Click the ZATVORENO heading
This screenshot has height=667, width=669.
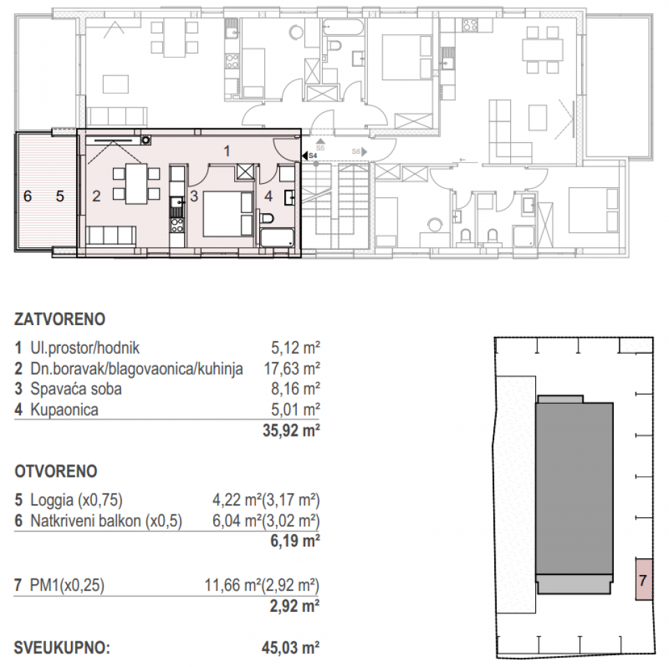coord(59,320)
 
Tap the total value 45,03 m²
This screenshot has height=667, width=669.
coord(289,649)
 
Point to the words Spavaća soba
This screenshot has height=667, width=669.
coord(76,389)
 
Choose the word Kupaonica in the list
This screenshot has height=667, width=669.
coord(64,409)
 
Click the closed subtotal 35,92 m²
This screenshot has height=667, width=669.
coord(289,430)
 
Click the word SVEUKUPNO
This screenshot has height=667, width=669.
coord(62,649)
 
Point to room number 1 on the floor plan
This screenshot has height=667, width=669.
coord(226,150)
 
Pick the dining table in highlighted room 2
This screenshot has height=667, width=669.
coord(137,182)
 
